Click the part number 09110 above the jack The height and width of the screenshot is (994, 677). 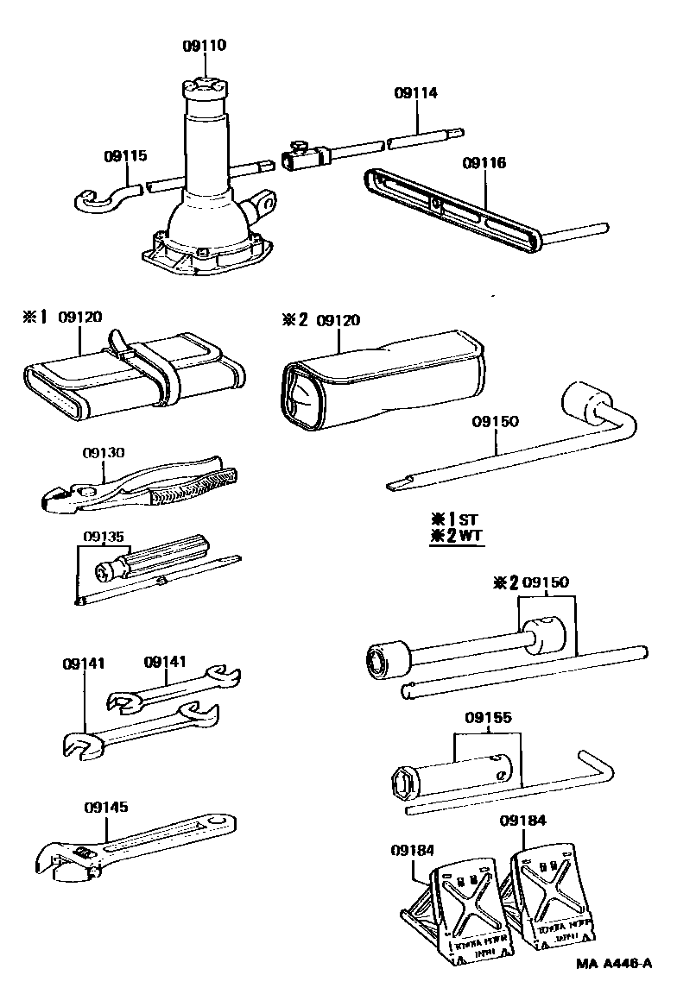(205, 46)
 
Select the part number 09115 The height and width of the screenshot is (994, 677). (125, 156)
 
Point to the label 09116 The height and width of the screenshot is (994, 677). (484, 163)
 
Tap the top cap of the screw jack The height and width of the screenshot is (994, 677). (204, 88)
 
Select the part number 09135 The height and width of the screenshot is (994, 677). (104, 535)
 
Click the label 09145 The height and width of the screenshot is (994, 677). (105, 808)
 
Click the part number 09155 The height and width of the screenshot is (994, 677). (489, 717)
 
